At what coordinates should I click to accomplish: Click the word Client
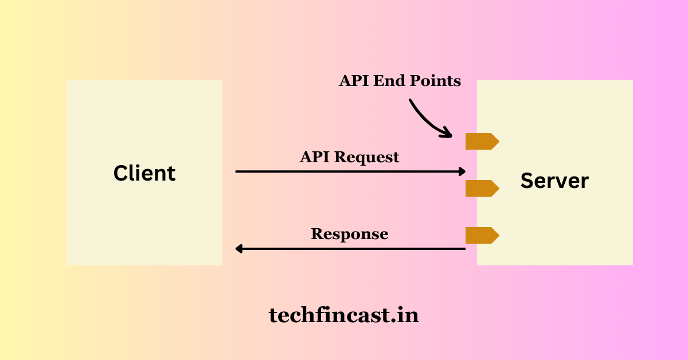(144, 173)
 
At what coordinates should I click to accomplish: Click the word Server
(554, 181)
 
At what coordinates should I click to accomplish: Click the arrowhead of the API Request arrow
(462, 171)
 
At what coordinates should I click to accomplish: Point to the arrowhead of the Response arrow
(239, 249)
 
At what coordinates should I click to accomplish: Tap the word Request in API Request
(367, 156)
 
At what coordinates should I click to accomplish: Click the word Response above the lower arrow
(350, 234)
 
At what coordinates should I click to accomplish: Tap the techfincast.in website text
(344, 314)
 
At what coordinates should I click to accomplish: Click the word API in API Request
(314, 156)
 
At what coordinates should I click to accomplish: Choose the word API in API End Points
(354, 81)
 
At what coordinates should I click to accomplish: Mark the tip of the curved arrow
(450, 136)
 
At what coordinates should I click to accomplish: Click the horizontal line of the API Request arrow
(344, 171)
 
